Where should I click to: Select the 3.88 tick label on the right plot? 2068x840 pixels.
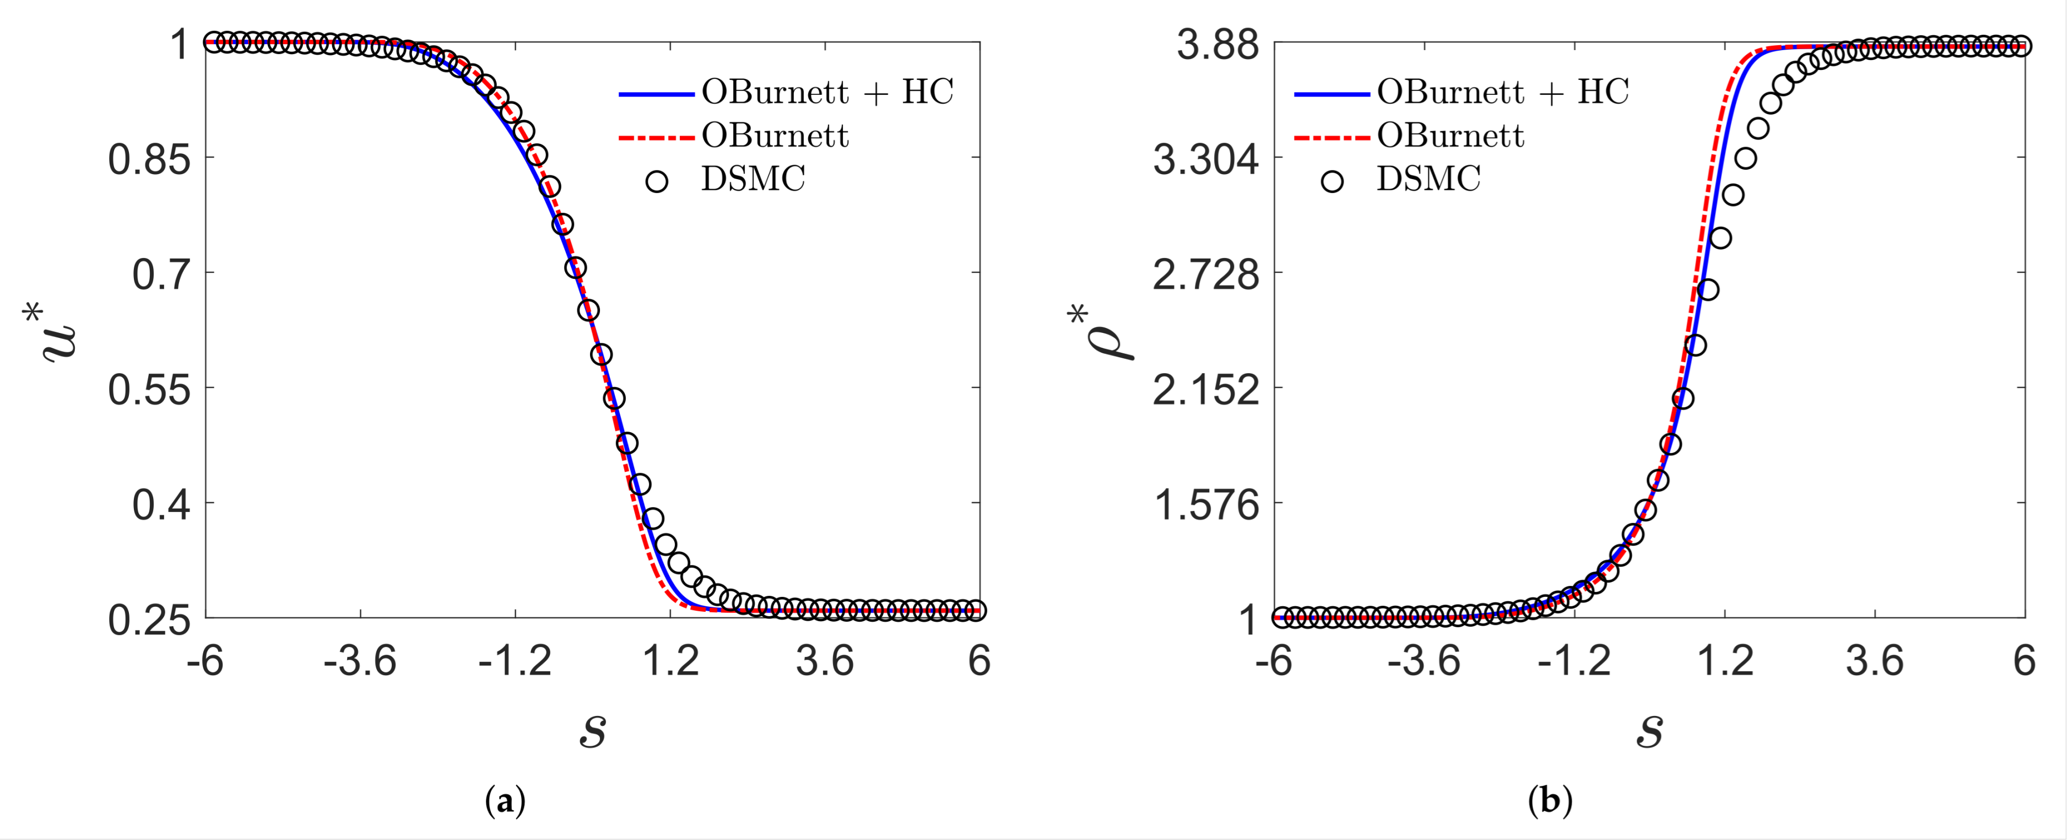pos(1218,45)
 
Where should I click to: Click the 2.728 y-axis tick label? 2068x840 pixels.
pos(1206,274)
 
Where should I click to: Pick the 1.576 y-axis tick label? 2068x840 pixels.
pos(1206,505)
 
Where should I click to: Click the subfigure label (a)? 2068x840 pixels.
pos(506,801)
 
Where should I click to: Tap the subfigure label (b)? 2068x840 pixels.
pos(1550,801)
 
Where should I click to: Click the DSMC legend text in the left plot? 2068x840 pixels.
pos(753,178)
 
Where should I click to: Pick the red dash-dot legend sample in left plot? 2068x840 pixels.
pos(656,137)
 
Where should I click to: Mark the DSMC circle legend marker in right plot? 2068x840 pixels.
pos(1332,181)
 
